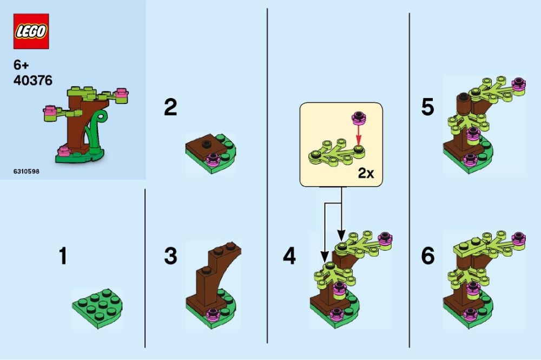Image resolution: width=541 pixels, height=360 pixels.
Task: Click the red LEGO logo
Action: coord(31,31)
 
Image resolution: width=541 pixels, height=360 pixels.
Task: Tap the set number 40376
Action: coord(33,81)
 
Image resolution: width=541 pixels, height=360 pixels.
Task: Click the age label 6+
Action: coord(21,65)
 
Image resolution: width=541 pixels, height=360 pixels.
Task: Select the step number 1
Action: coord(63,256)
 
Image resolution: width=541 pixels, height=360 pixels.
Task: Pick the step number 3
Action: coord(170,256)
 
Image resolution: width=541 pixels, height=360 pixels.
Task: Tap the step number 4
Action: coord(289,256)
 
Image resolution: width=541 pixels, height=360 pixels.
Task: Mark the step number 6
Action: coord(427,256)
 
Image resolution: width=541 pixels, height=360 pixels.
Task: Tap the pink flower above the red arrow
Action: coord(357,116)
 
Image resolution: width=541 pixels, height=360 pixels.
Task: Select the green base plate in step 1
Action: coord(96,309)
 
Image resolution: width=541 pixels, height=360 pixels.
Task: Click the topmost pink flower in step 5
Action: coord(519,83)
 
